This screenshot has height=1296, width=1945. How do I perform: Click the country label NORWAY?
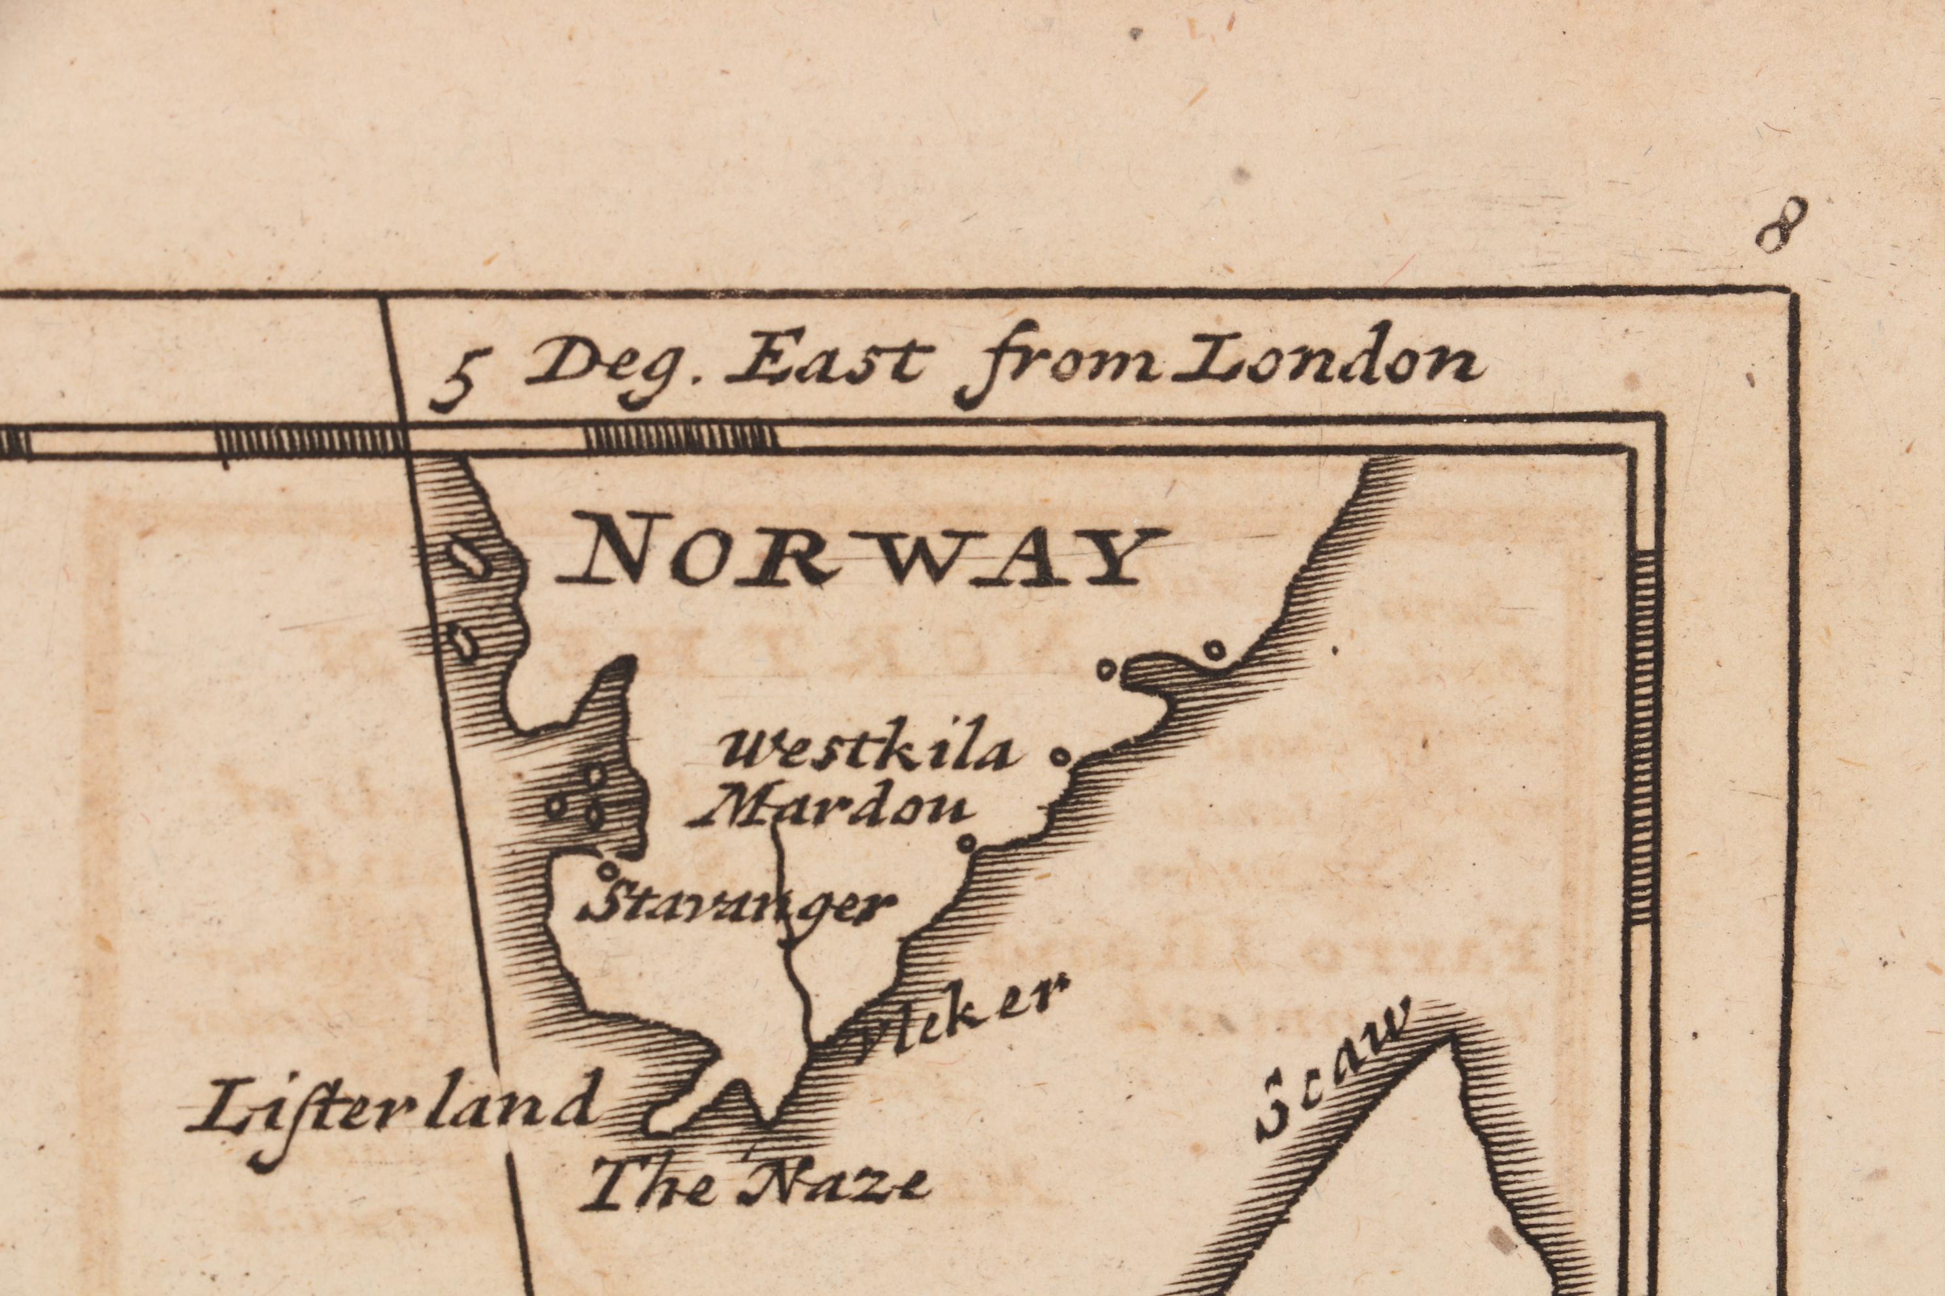click(860, 558)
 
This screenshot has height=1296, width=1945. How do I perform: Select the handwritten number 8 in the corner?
click(1780, 225)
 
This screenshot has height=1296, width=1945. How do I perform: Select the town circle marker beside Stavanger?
click(608, 870)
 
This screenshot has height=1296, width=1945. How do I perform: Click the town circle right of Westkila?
click(1059, 754)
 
